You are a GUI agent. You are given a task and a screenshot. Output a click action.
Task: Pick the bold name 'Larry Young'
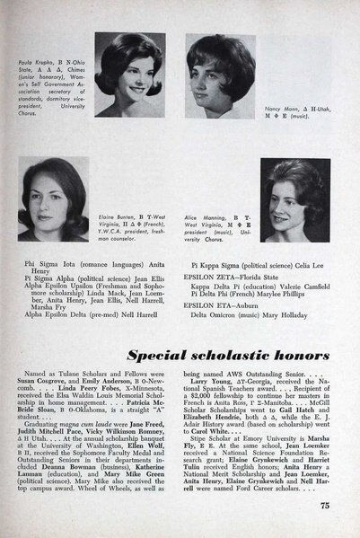(x=211, y=381)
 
